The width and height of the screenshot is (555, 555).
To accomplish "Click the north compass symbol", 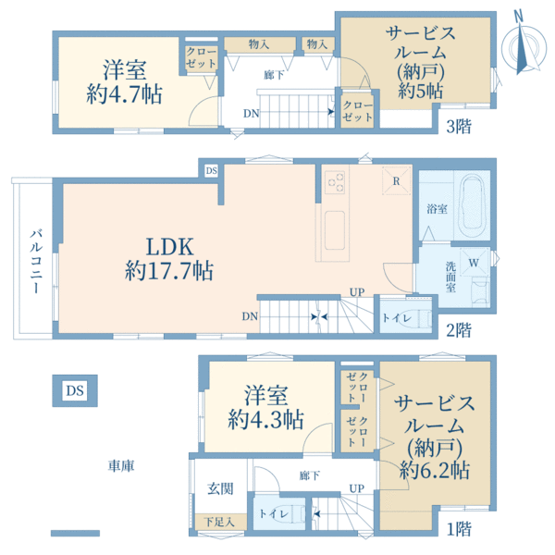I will [x=522, y=46].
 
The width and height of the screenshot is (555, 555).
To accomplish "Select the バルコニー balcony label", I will [x=34, y=261].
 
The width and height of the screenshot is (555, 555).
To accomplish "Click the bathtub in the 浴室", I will [x=473, y=205].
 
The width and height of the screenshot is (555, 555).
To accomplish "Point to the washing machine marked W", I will [x=474, y=263].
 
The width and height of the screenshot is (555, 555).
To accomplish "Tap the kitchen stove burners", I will [x=335, y=183].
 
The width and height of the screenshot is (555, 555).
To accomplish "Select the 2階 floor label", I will [x=457, y=328].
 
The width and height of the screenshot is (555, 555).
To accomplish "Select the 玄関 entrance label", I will [x=219, y=487].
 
